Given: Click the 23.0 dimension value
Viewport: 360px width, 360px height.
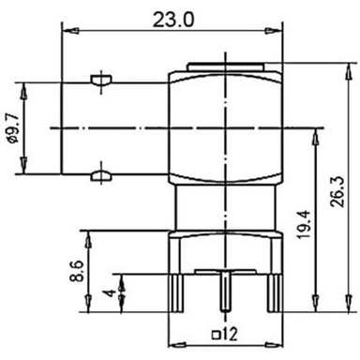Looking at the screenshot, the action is (x=173, y=20).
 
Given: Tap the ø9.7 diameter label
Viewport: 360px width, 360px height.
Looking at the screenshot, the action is (x=14, y=128).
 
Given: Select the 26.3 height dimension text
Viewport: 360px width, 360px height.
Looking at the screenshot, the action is (x=337, y=191).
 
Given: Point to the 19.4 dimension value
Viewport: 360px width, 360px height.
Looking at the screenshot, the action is (x=304, y=224).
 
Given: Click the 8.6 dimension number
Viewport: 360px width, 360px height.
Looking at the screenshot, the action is (x=77, y=271).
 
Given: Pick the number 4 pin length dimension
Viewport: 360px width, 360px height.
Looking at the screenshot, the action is (x=110, y=293).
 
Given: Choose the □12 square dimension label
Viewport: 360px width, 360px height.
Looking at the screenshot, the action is (x=225, y=335).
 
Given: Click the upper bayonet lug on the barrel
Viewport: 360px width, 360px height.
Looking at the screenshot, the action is (x=101, y=80).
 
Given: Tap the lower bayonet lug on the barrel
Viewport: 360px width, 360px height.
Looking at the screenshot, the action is (x=101, y=176).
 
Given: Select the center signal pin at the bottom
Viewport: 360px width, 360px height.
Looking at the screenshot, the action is (x=225, y=292).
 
